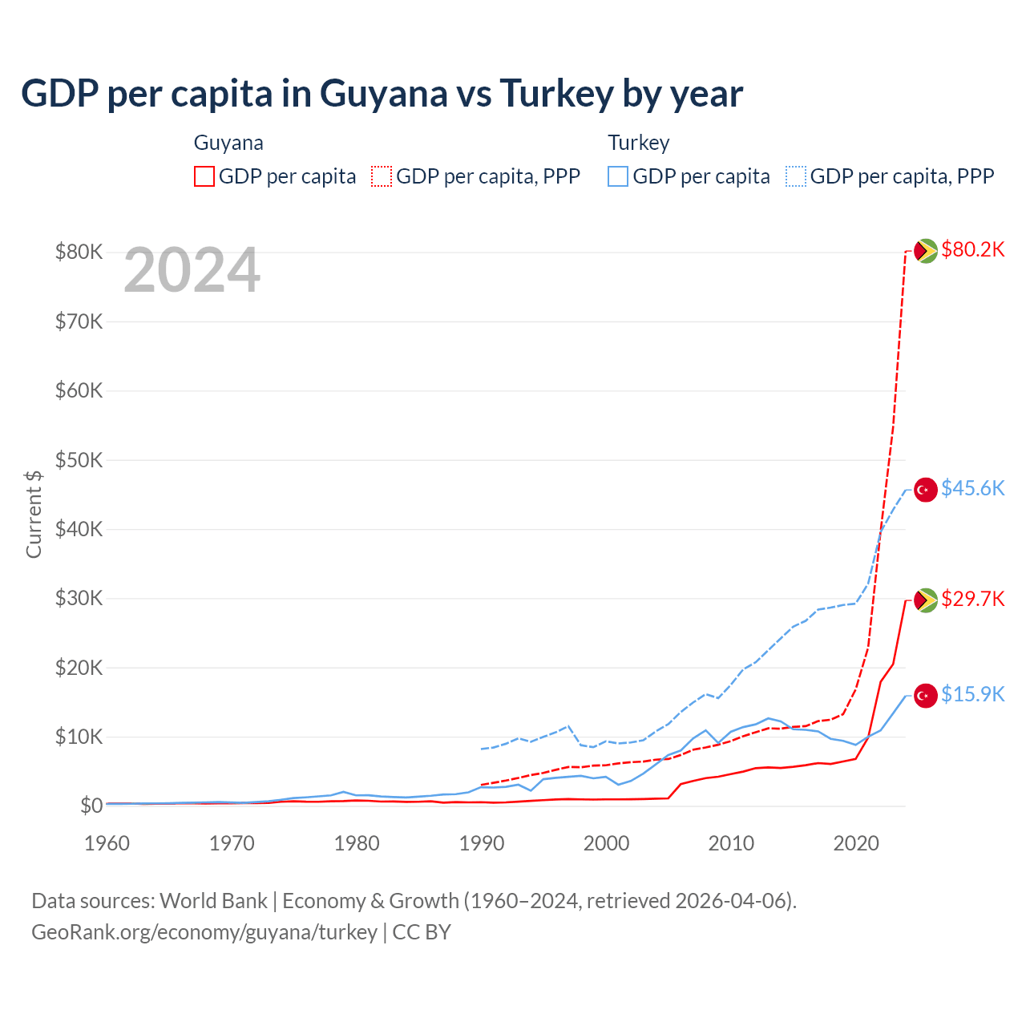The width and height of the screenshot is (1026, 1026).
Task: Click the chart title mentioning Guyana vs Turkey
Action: [382, 94]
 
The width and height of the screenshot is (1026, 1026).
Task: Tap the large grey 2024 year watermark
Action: [192, 271]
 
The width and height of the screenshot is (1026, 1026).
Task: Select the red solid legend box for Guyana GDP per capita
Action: [204, 176]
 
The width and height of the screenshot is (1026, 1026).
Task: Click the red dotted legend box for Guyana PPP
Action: [382, 176]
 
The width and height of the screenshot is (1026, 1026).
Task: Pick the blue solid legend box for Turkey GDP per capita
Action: [618, 176]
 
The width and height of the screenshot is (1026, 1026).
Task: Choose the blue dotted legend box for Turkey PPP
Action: [796, 176]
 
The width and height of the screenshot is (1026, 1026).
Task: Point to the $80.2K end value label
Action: [972, 249]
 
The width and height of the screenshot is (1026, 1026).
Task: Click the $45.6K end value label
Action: [972, 488]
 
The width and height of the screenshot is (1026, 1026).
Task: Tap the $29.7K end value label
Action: [972, 599]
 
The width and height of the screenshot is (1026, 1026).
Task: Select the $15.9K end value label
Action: [972, 694]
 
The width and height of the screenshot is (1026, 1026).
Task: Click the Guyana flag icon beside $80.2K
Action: [926, 251]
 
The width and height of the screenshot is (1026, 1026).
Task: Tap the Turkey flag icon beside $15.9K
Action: [926, 696]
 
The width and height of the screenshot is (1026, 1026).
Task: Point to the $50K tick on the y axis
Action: [79, 460]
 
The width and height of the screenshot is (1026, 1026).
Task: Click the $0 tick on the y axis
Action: [91, 806]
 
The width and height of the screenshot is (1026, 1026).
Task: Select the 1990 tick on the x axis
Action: [482, 843]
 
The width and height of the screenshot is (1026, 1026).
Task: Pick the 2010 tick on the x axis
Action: [731, 843]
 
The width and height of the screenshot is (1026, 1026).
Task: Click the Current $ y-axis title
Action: [34, 514]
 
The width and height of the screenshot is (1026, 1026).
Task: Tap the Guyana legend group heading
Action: [228, 143]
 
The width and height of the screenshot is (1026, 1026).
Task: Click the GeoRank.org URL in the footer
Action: [204, 932]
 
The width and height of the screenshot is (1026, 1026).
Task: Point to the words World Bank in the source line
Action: [213, 901]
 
